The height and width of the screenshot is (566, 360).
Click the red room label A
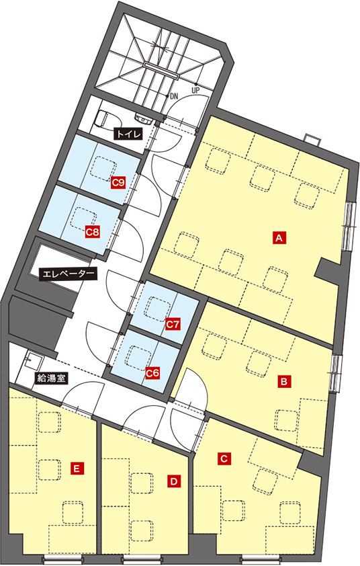[279, 238]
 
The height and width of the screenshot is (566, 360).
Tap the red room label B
[284, 381]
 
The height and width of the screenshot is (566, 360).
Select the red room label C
[224, 459]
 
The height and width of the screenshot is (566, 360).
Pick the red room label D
[174, 481]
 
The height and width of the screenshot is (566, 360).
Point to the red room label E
[77, 469]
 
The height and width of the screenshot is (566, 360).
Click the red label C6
[152, 373]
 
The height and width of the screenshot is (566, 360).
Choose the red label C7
[173, 325]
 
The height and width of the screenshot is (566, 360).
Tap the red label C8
[92, 232]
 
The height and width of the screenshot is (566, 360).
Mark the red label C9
[118, 183]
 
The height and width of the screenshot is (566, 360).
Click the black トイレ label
[128, 134]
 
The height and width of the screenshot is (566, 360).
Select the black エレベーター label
[69, 274]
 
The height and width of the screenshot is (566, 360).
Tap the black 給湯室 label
[51, 378]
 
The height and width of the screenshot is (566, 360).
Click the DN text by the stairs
[174, 96]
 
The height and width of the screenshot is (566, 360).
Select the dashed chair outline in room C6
[138, 358]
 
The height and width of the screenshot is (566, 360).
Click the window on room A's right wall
[349, 226]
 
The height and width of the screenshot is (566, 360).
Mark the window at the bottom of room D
[141, 560]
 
